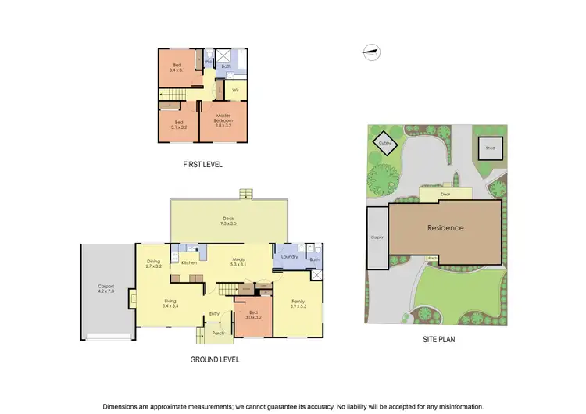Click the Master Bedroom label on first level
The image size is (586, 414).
click(224, 121)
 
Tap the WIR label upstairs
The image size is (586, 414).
click(234, 91)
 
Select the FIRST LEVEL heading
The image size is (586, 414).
click(202, 164)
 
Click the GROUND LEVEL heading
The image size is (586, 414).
click(215, 359)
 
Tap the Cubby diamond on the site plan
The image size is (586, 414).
click(384, 144)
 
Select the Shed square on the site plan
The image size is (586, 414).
click(491, 147)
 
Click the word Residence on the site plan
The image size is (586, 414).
click(445, 228)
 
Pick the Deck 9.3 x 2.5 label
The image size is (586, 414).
click(229, 221)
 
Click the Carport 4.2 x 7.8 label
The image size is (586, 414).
click(106, 288)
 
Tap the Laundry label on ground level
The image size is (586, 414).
click(291, 256)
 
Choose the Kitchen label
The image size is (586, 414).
click(189, 262)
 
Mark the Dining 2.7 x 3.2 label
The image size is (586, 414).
click(153, 264)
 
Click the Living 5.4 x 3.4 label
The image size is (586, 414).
click(171, 303)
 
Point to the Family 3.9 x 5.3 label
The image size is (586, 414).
click(298, 303)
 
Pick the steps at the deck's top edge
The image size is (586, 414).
click(247, 193)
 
